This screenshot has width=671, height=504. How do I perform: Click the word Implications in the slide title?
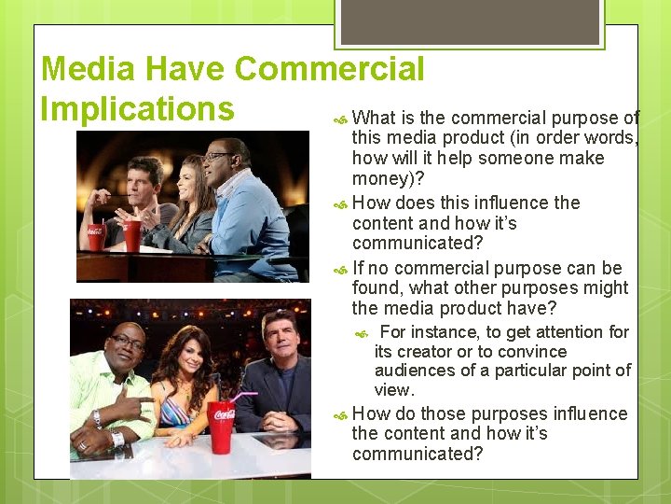(x=137, y=108)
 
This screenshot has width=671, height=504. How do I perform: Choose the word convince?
(x=532, y=351)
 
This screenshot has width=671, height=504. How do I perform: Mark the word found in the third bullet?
(x=376, y=287)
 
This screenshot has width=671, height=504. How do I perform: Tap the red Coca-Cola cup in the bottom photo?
(x=222, y=426)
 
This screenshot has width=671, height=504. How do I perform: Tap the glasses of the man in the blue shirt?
(x=220, y=155)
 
